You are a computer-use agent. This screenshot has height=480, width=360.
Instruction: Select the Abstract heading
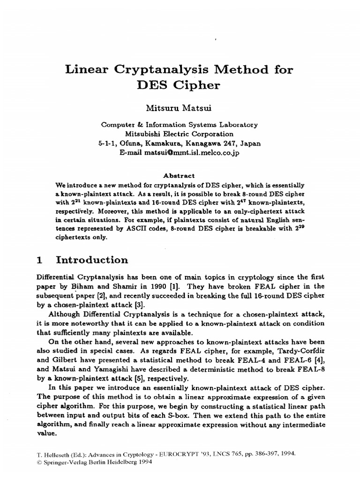(x=178, y=175)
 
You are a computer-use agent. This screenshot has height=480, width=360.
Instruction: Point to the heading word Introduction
(x=92, y=260)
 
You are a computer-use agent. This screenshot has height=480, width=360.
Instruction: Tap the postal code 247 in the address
(x=232, y=143)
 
